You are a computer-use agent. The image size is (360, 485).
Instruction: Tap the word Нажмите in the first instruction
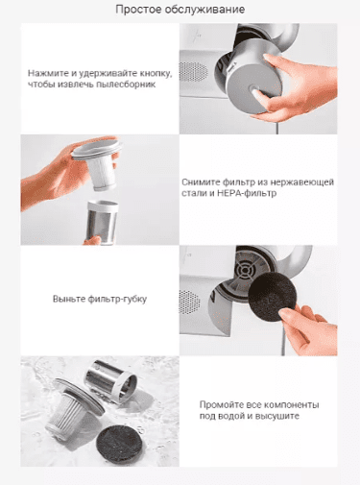(48, 72)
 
